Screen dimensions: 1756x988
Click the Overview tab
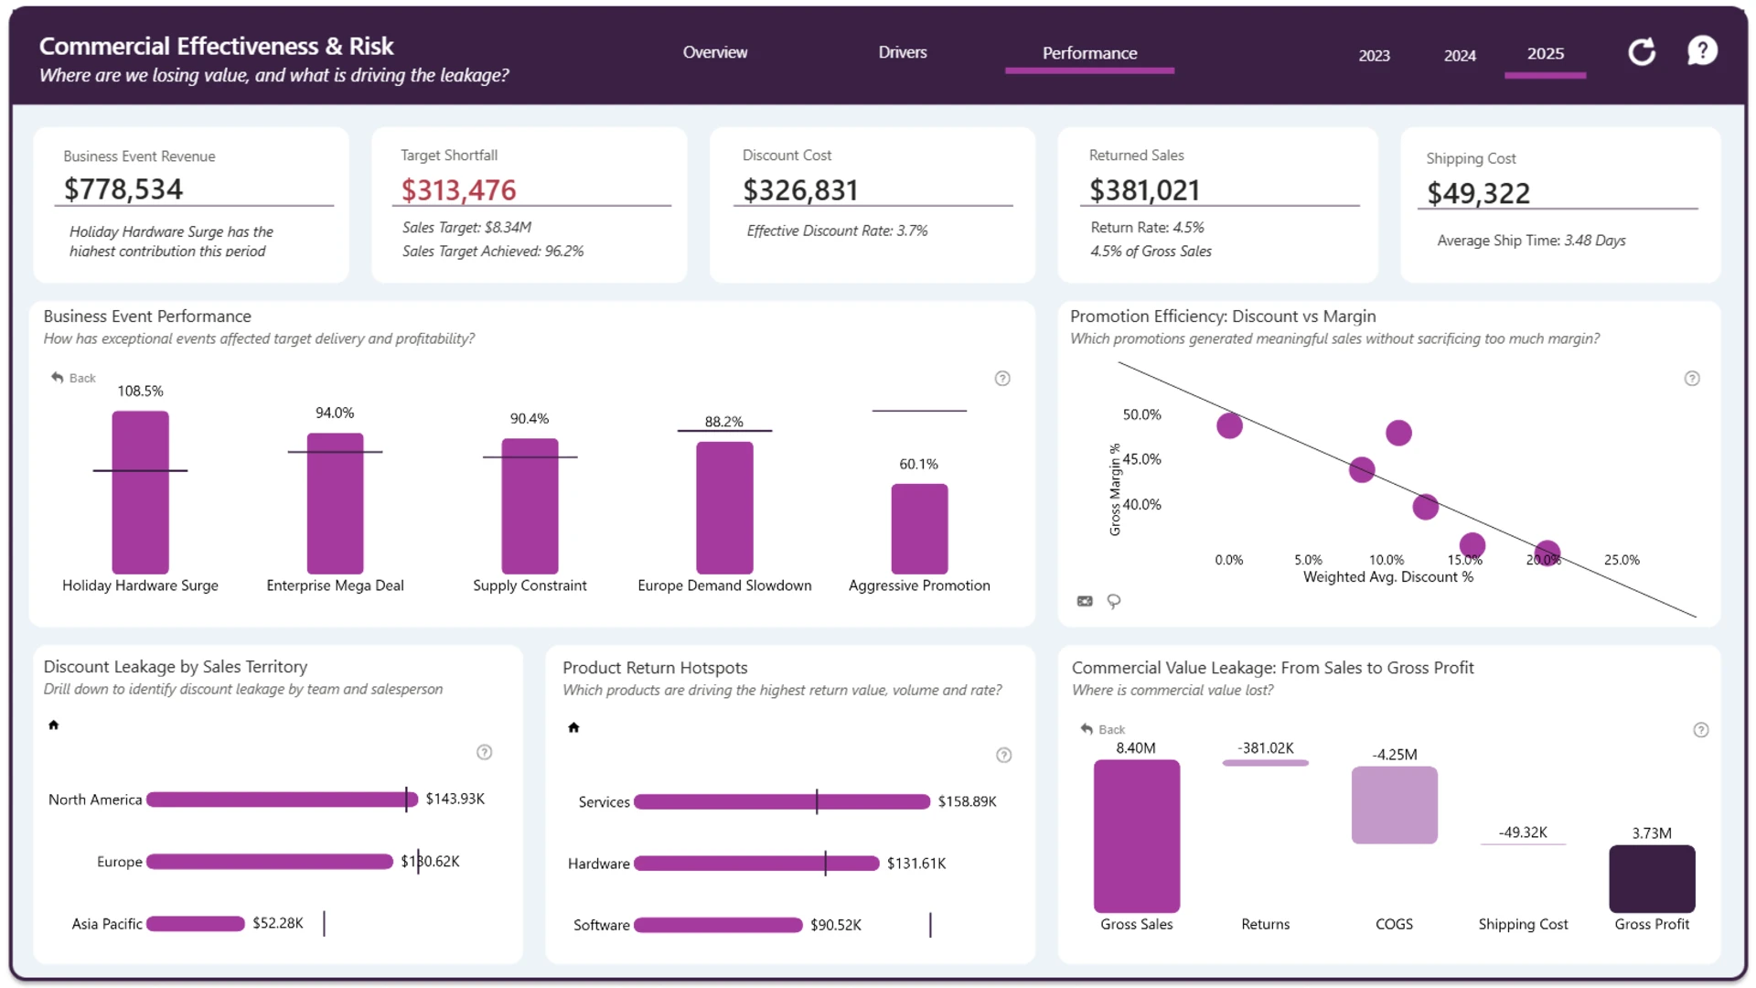pyautogui.click(x=714, y=52)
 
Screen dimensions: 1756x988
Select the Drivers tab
pyautogui.click(x=902, y=52)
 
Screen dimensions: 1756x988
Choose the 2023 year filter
pyautogui.click(x=1374, y=56)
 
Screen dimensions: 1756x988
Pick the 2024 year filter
pyautogui.click(x=1460, y=56)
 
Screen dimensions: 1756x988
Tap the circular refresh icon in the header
pyautogui.click(x=1642, y=52)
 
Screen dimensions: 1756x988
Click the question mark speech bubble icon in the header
pyautogui.click(x=1702, y=51)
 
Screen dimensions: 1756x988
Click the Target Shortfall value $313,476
pyautogui.click(x=459, y=190)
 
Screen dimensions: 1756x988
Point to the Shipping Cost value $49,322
pyautogui.click(x=1478, y=194)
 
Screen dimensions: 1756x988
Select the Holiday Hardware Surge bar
pyautogui.click(x=140, y=492)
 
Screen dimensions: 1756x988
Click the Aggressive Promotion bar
pyautogui.click(x=919, y=529)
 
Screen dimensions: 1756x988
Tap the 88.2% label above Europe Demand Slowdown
pyautogui.click(x=723, y=422)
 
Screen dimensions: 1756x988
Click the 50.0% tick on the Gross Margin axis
pyautogui.click(x=1141, y=414)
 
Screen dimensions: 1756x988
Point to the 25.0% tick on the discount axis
pyautogui.click(x=1622, y=560)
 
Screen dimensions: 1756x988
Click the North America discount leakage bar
pyautogui.click(x=282, y=800)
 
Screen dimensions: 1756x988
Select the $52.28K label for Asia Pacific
pyautogui.click(x=278, y=923)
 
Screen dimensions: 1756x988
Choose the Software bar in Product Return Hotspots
pyautogui.click(x=718, y=925)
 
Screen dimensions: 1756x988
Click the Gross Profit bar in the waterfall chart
pyautogui.click(x=1652, y=879)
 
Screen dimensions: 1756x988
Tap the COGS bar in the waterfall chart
pyautogui.click(x=1394, y=805)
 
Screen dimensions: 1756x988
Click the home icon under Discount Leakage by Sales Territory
pyautogui.click(x=53, y=725)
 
